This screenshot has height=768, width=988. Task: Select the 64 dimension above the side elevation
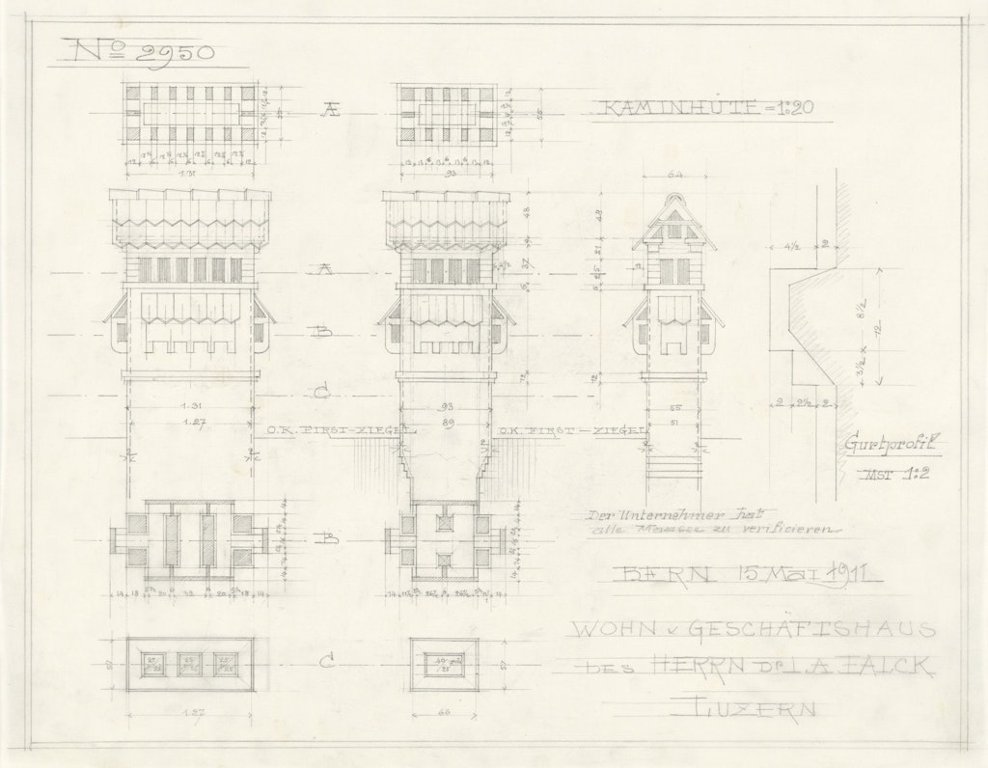(674, 176)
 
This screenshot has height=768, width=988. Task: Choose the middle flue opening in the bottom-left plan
(191, 664)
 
